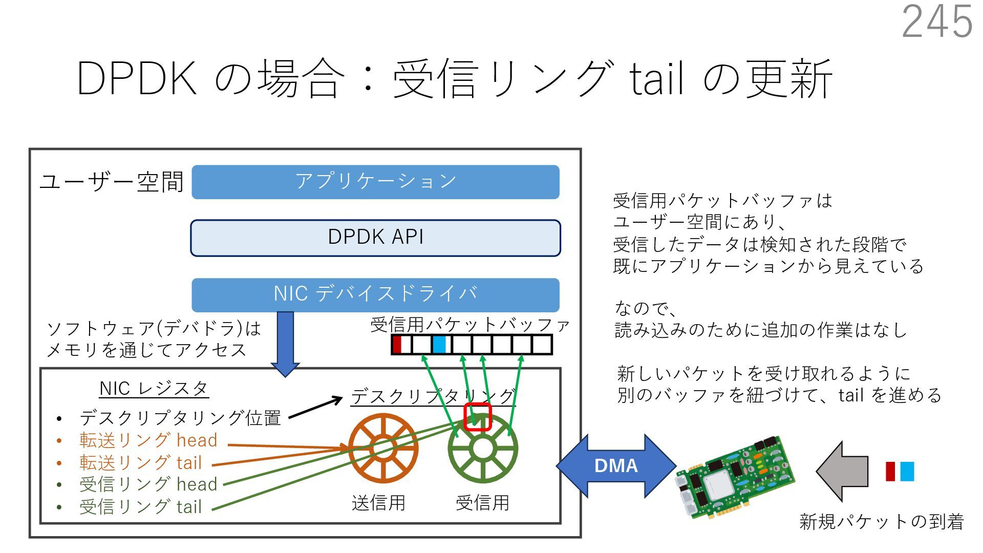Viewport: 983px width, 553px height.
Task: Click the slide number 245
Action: click(936, 22)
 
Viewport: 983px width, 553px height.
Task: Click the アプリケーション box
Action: click(375, 182)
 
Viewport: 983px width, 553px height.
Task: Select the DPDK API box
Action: click(375, 238)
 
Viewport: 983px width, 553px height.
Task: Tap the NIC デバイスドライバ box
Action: click(375, 294)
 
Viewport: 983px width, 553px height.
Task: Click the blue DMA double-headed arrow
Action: click(616, 465)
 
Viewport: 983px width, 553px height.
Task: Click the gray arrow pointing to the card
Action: click(842, 471)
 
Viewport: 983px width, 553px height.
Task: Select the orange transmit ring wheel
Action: click(383, 448)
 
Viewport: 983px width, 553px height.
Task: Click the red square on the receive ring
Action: click(477, 417)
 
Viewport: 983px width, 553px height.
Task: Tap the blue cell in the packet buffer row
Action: click(439, 344)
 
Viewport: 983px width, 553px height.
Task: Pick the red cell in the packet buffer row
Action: click(397, 344)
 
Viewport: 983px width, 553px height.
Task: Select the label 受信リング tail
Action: click(140, 507)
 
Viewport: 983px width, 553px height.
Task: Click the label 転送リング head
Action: click(148, 440)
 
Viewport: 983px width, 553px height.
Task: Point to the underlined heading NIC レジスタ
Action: click(154, 389)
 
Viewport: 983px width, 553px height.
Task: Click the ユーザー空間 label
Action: click(112, 182)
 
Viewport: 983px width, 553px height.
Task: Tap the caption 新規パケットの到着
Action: click(881, 522)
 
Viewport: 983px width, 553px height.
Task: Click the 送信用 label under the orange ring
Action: click(378, 503)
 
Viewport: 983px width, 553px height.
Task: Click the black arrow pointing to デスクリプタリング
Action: click(315, 408)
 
